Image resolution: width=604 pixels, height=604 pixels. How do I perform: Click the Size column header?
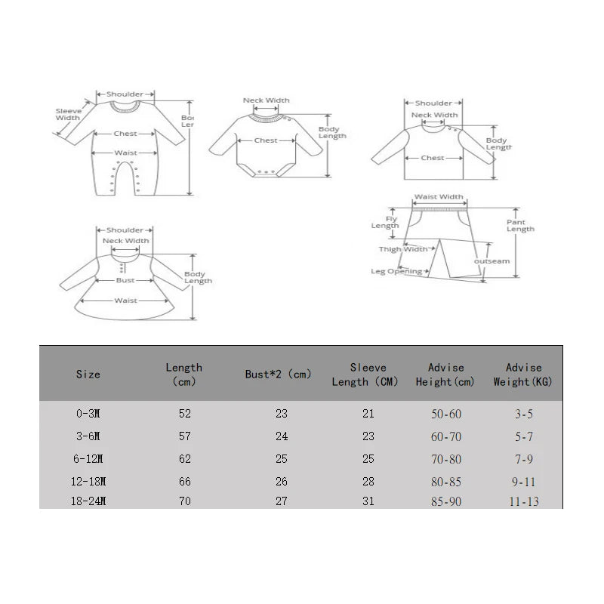pos(88,374)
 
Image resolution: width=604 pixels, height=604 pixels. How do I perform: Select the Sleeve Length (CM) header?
pos(365,374)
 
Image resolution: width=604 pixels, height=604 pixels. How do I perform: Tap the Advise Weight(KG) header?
pos(522,374)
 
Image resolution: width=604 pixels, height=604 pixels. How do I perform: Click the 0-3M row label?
pos(88,414)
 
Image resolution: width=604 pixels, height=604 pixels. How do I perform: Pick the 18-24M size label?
pos(88,501)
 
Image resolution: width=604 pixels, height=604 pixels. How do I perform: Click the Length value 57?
pos(183,436)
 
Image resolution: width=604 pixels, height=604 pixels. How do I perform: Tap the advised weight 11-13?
pos(522,501)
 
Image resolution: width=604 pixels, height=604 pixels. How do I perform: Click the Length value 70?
pos(183,501)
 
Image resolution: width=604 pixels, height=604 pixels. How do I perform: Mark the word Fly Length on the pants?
pos(386,222)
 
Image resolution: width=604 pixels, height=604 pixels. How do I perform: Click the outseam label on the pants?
pos(492,261)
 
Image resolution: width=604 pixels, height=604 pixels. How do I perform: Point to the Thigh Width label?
pos(402,248)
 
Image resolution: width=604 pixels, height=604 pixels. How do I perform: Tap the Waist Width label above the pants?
pos(438,197)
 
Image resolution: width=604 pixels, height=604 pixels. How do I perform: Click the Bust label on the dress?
pos(125,280)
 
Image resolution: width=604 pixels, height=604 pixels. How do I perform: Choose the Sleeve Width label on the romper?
pos(68,114)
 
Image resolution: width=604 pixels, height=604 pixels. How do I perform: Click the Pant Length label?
pos(520,225)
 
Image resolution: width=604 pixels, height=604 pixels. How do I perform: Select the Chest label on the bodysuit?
pos(266,140)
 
